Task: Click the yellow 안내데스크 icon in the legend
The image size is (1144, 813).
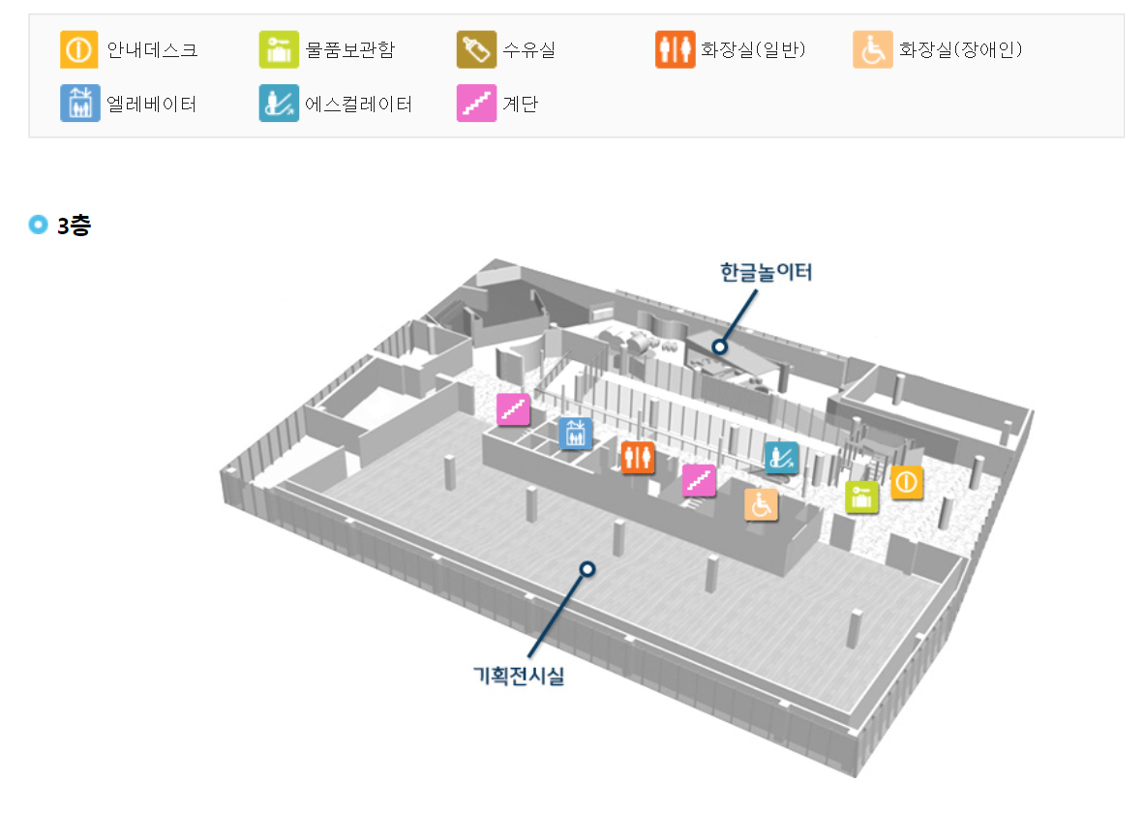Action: click(x=79, y=49)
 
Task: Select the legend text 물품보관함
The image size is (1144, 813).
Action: click(x=349, y=49)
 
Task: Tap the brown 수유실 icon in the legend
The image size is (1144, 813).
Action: click(x=476, y=49)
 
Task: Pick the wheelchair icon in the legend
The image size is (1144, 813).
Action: click(x=873, y=49)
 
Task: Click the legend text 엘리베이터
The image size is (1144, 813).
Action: click(x=152, y=104)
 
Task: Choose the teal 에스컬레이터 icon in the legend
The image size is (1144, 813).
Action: click(x=279, y=104)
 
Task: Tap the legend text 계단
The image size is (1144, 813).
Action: click(x=521, y=104)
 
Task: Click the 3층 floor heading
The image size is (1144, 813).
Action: click(x=74, y=226)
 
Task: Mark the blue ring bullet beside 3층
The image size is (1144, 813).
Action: click(x=39, y=226)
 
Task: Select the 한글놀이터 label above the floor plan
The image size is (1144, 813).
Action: click(x=766, y=272)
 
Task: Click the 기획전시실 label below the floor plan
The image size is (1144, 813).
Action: click(x=518, y=676)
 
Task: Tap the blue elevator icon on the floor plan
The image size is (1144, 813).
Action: click(x=576, y=434)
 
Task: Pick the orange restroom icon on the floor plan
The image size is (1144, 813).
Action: click(x=638, y=458)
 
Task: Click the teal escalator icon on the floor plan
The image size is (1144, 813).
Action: click(x=780, y=458)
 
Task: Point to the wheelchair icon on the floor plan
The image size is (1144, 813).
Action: click(x=761, y=504)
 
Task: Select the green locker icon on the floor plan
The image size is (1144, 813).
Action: click(x=861, y=497)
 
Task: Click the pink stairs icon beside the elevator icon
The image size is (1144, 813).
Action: click(x=513, y=409)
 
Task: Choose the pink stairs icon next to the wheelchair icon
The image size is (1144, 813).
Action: click(x=699, y=480)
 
